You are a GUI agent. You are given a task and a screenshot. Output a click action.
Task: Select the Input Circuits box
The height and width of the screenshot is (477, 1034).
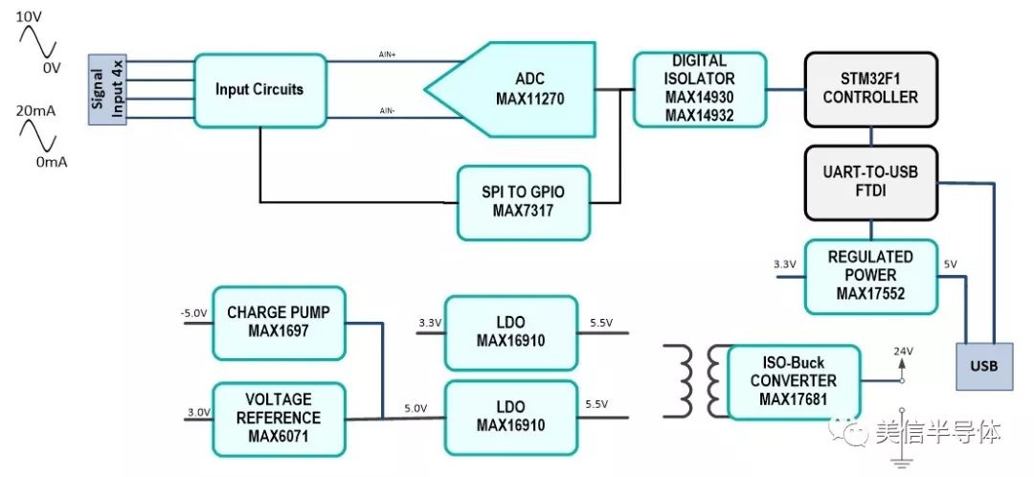click(x=258, y=89)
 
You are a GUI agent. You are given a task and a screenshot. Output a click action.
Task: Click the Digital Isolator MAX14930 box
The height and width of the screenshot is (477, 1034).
click(x=700, y=89)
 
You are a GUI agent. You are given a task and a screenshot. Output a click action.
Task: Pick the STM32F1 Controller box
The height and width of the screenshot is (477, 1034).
click(x=869, y=89)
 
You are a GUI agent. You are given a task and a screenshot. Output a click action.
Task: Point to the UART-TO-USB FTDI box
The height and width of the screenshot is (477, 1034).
click(x=869, y=182)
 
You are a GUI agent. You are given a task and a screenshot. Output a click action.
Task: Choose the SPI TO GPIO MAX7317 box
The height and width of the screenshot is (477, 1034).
click(x=523, y=203)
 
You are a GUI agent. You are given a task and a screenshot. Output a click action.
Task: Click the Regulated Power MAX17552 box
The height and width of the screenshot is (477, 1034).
click(x=869, y=276)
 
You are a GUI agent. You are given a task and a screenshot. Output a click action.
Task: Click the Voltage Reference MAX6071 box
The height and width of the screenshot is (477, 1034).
click(x=278, y=419)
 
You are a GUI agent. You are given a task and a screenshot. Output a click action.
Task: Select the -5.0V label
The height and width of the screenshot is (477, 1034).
click(x=194, y=312)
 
